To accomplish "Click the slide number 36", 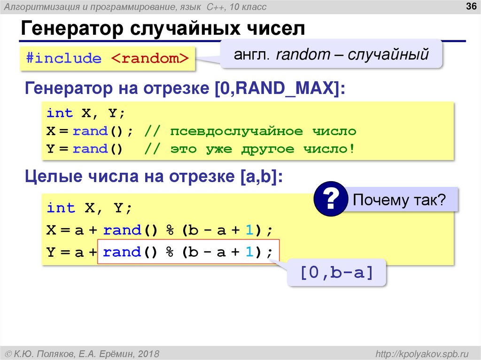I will (470, 6).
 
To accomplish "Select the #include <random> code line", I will (107, 59).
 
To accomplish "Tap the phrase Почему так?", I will (399, 200).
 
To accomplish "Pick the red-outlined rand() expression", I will (188, 253).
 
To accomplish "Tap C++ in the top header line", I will (216, 7).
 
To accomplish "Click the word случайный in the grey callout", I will (394, 55).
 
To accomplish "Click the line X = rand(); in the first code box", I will (90, 131).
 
